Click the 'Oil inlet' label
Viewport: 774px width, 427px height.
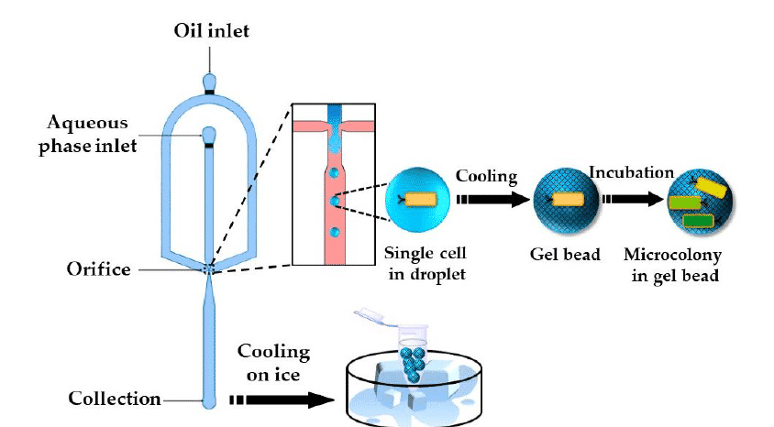click(212, 32)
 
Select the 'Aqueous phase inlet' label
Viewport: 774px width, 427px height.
click(89, 136)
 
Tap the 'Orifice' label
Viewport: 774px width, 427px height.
click(98, 269)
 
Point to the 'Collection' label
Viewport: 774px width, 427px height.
click(115, 399)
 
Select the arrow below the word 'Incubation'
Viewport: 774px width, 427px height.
click(631, 199)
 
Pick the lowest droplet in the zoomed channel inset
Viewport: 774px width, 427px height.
click(337, 233)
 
